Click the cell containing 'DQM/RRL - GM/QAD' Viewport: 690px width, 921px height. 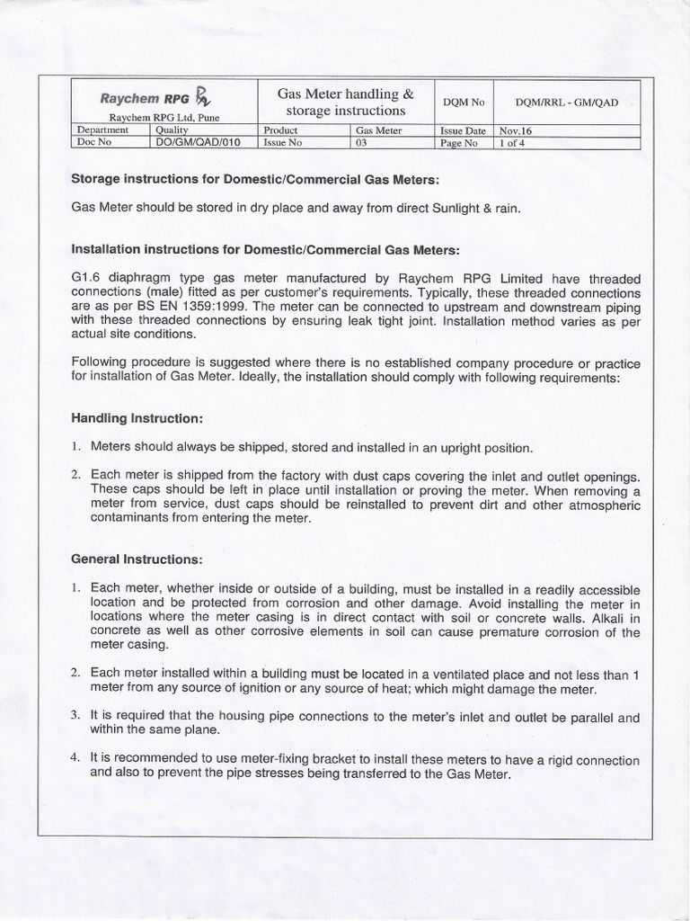[568, 103]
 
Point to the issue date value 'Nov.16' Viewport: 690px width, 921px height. [517, 130]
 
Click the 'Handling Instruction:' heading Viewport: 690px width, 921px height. [137, 419]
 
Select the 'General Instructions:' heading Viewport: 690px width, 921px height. [137, 559]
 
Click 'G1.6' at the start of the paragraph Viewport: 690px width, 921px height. [84, 279]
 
